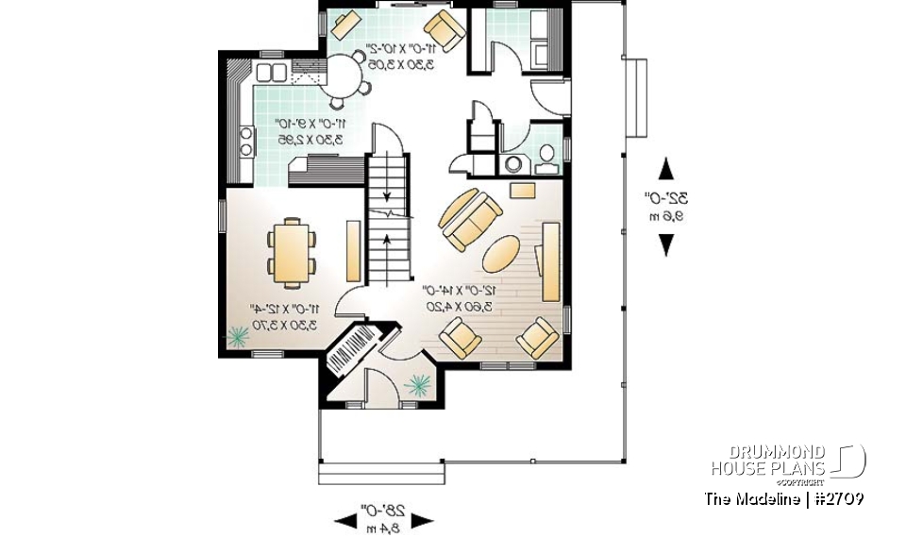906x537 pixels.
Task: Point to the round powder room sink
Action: (514, 163)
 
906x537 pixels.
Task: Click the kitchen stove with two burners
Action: (246, 141)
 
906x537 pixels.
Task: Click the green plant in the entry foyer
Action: (418, 384)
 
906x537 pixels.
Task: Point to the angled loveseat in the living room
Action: (469, 219)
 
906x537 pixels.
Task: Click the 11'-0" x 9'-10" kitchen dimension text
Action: (306, 131)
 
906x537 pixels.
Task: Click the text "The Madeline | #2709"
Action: (782, 497)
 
